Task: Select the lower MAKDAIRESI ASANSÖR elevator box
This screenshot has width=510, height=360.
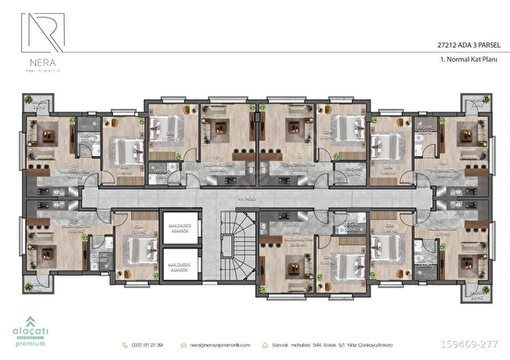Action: click(x=175, y=269)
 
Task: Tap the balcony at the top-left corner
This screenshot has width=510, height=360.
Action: click(x=38, y=105)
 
